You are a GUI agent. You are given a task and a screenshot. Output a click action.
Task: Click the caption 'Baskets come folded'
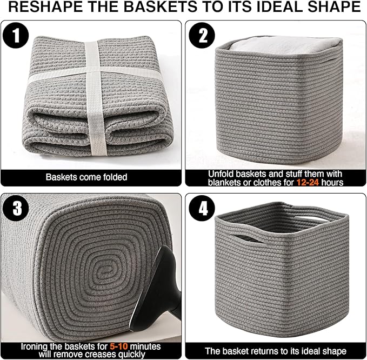point(86,177)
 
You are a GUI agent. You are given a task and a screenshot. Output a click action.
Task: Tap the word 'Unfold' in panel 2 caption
point(225,174)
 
